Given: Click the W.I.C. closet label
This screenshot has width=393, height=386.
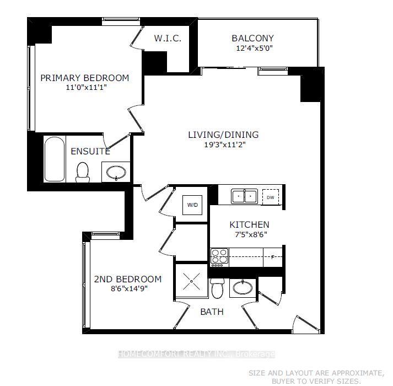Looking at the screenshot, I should tap(168, 39).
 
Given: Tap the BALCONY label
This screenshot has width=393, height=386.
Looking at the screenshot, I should tap(252, 39).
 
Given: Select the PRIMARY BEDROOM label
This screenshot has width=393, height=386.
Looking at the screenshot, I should tap(84, 78).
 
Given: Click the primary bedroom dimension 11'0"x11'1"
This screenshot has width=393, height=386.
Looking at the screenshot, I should tap(84, 88).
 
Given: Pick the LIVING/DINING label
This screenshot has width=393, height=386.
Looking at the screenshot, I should tap(223, 135).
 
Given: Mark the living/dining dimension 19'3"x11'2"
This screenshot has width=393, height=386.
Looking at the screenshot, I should tap(223, 144).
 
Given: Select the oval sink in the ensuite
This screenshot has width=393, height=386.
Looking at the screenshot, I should tap(116, 173).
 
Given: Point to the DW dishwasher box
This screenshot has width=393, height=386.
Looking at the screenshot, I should tap(270, 197).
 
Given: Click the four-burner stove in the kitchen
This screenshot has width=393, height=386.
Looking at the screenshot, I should tap(219, 258).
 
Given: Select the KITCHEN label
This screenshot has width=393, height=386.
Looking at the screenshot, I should tap(249, 224).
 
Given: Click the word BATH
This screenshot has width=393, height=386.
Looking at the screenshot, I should tap(212, 312).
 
